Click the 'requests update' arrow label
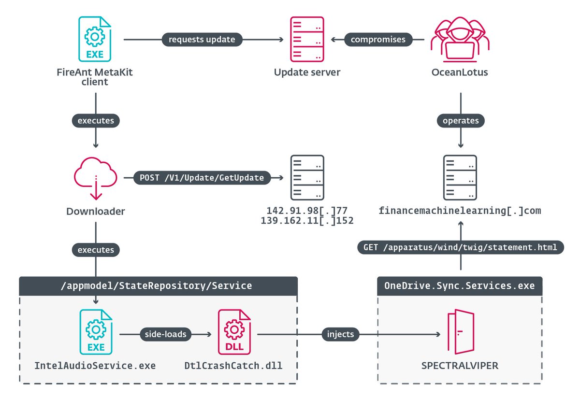[x=202, y=40]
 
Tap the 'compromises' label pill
[x=378, y=40]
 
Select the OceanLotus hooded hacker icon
[x=460, y=39]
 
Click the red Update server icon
[x=307, y=39]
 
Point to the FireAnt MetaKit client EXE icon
[x=95, y=39]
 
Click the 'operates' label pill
[x=461, y=121]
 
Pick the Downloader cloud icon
[x=96, y=179]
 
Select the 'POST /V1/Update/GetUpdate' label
[x=202, y=178]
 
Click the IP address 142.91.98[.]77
[x=307, y=211]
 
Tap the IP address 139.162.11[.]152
[x=307, y=221]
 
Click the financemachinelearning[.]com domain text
[x=460, y=211]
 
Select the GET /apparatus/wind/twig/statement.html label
[x=460, y=247]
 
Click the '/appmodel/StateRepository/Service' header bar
[x=159, y=286]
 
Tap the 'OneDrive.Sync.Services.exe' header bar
[x=460, y=286]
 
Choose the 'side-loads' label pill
[x=166, y=334]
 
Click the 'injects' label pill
[x=340, y=334]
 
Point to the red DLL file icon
[x=234, y=332]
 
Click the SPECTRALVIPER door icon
[x=461, y=332]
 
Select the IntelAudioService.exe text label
[x=95, y=366]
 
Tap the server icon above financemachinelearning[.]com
[x=460, y=178]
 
